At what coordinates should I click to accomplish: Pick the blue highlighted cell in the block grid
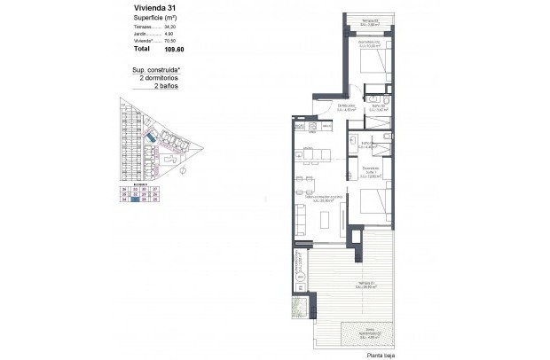(135, 201)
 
